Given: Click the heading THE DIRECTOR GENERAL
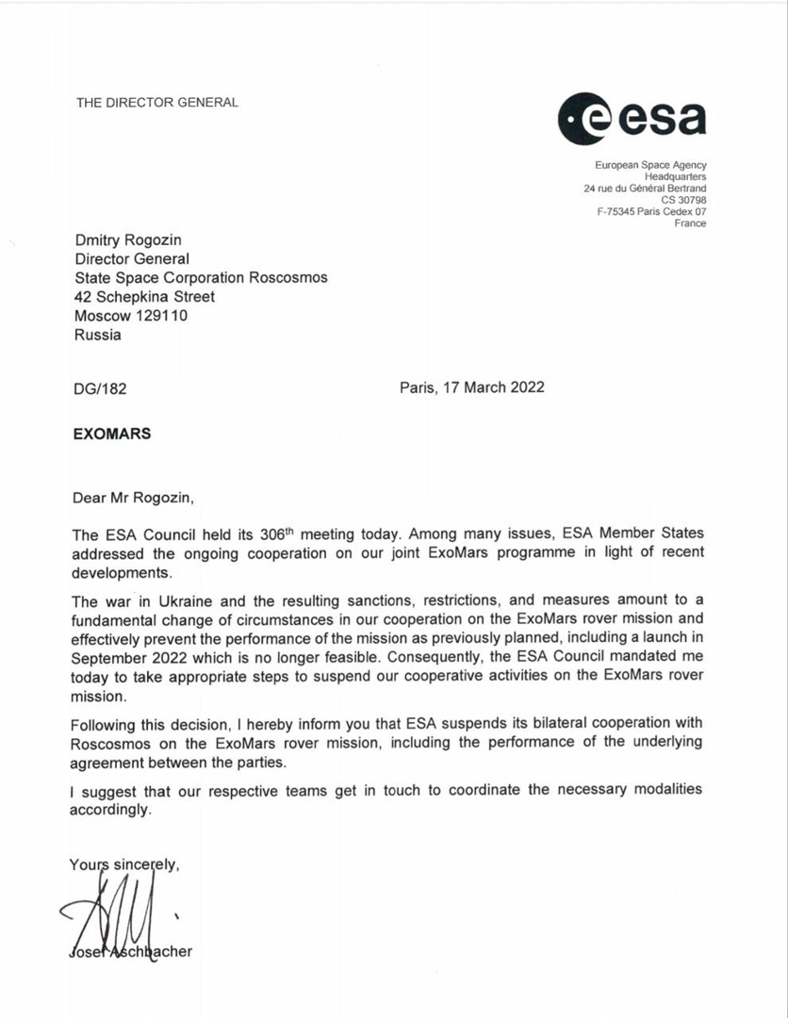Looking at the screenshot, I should (157, 102).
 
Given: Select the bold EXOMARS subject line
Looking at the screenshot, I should (111, 435).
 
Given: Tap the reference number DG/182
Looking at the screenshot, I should (98, 388).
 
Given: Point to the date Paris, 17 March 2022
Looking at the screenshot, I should (471, 387).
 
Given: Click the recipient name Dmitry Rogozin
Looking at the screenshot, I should (129, 240).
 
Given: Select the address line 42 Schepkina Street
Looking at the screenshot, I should (144, 297).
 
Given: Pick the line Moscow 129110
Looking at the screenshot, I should (131, 316).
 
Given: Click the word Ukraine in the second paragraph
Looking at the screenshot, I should (191, 601).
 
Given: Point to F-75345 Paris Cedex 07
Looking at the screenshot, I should (651, 211).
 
